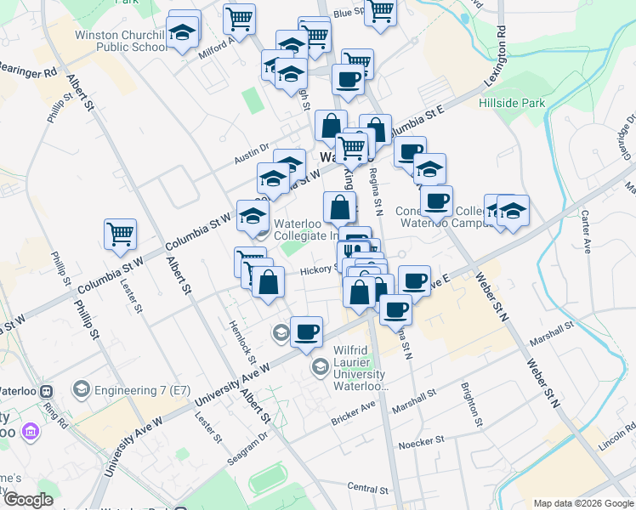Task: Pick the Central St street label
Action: (x=368, y=489)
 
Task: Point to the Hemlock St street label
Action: (x=241, y=337)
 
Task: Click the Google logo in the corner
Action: (x=28, y=500)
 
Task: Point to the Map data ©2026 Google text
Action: (x=582, y=503)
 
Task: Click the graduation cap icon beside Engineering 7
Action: (x=82, y=389)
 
